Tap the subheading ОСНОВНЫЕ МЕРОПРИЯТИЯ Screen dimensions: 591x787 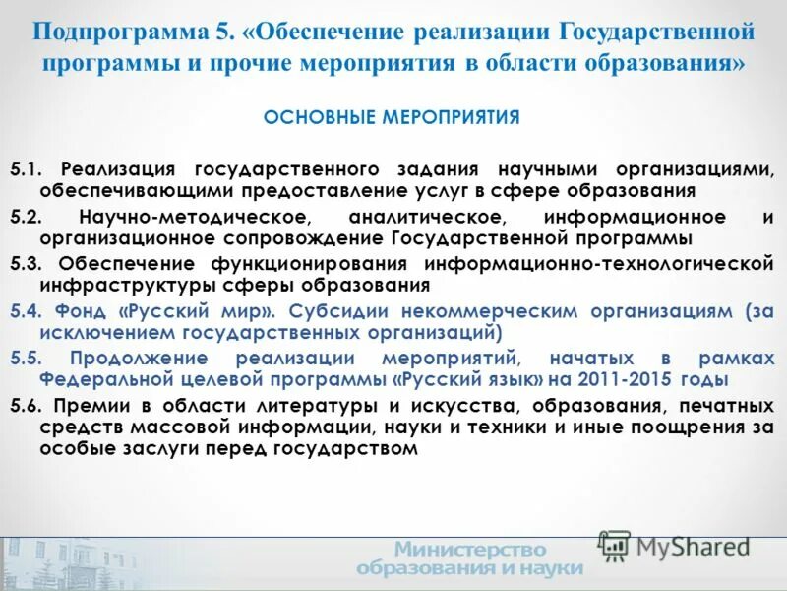[x=391, y=117]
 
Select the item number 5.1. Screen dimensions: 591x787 [x=26, y=167]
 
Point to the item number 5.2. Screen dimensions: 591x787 [x=26, y=216]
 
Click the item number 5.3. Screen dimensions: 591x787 [x=26, y=263]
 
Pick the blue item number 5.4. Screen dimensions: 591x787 [x=26, y=310]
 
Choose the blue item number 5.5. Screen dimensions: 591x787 [x=26, y=358]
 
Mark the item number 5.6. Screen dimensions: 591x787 [x=26, y=405]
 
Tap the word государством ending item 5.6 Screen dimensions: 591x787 [x=350, y=448]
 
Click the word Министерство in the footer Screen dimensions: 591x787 [x=470, y=550]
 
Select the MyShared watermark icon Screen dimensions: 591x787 [x=615, y=546]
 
